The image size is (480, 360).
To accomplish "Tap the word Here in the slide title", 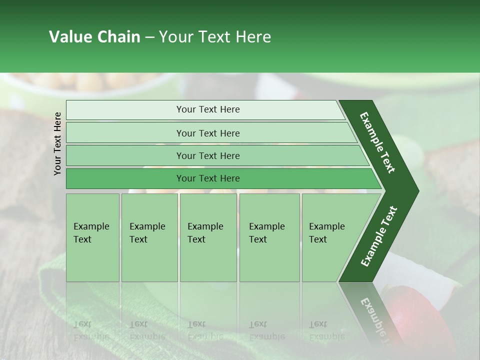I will [x=253, y=37].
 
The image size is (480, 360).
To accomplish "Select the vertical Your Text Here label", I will [x=57, y=143].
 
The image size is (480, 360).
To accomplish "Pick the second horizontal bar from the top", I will [x=207, y=133].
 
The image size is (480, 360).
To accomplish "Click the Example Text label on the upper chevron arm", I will [x=377, y=142].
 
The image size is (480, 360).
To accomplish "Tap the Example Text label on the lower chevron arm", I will [x=378, y=236].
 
